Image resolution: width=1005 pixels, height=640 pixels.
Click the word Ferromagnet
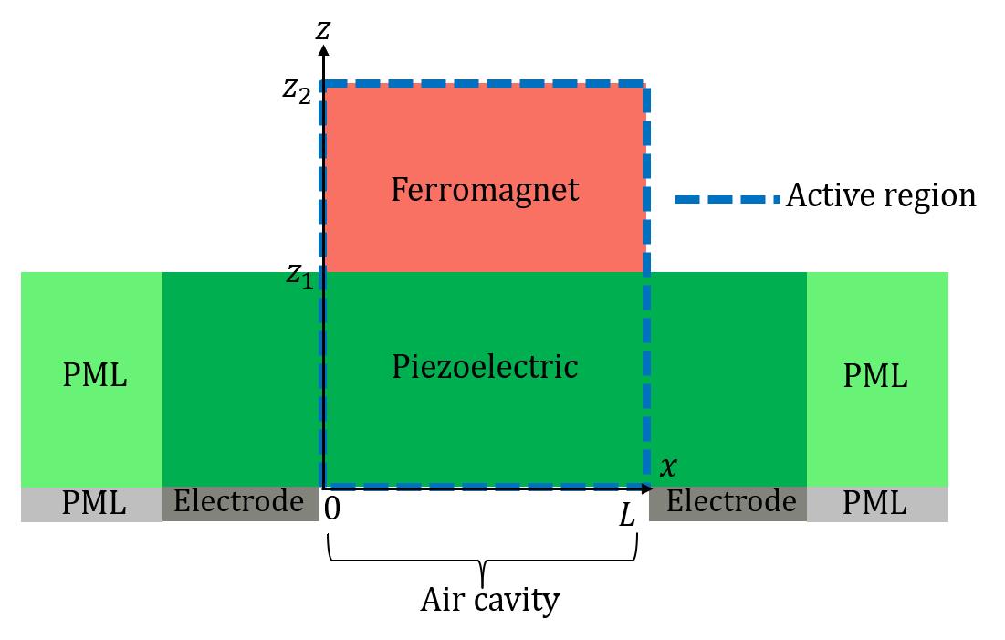coord(485,190)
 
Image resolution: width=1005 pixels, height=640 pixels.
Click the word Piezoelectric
coord(485,367)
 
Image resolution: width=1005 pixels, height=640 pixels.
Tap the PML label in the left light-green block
coord(94,375)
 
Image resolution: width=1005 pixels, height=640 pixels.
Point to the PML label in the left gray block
coord(93,503)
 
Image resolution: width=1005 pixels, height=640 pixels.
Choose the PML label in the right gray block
coord(874,503)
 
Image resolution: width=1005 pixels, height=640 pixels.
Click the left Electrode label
coord(238,501)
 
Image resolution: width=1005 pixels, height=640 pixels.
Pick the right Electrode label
coord(730,501)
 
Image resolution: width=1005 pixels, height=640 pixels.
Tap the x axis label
coord(668,467)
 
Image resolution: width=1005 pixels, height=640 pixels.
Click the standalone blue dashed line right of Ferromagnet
coord(727,199)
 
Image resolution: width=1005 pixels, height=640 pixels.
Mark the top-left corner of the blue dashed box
coord(322,83)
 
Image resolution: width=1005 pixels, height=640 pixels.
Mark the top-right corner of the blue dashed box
coord(646,83)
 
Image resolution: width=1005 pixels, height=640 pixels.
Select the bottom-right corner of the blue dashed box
coord(646,485)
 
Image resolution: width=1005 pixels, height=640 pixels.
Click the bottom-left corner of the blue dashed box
coord(322,485)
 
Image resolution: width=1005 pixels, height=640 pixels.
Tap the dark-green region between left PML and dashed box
coord(241,379)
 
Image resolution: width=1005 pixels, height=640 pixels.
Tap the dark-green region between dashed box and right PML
coord(728,379)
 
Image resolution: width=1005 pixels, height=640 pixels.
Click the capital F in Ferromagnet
coord(398,190)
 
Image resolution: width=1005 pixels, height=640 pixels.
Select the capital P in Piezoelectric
coord(399,367)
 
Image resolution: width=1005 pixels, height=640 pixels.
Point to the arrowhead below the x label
coord(646,488)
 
